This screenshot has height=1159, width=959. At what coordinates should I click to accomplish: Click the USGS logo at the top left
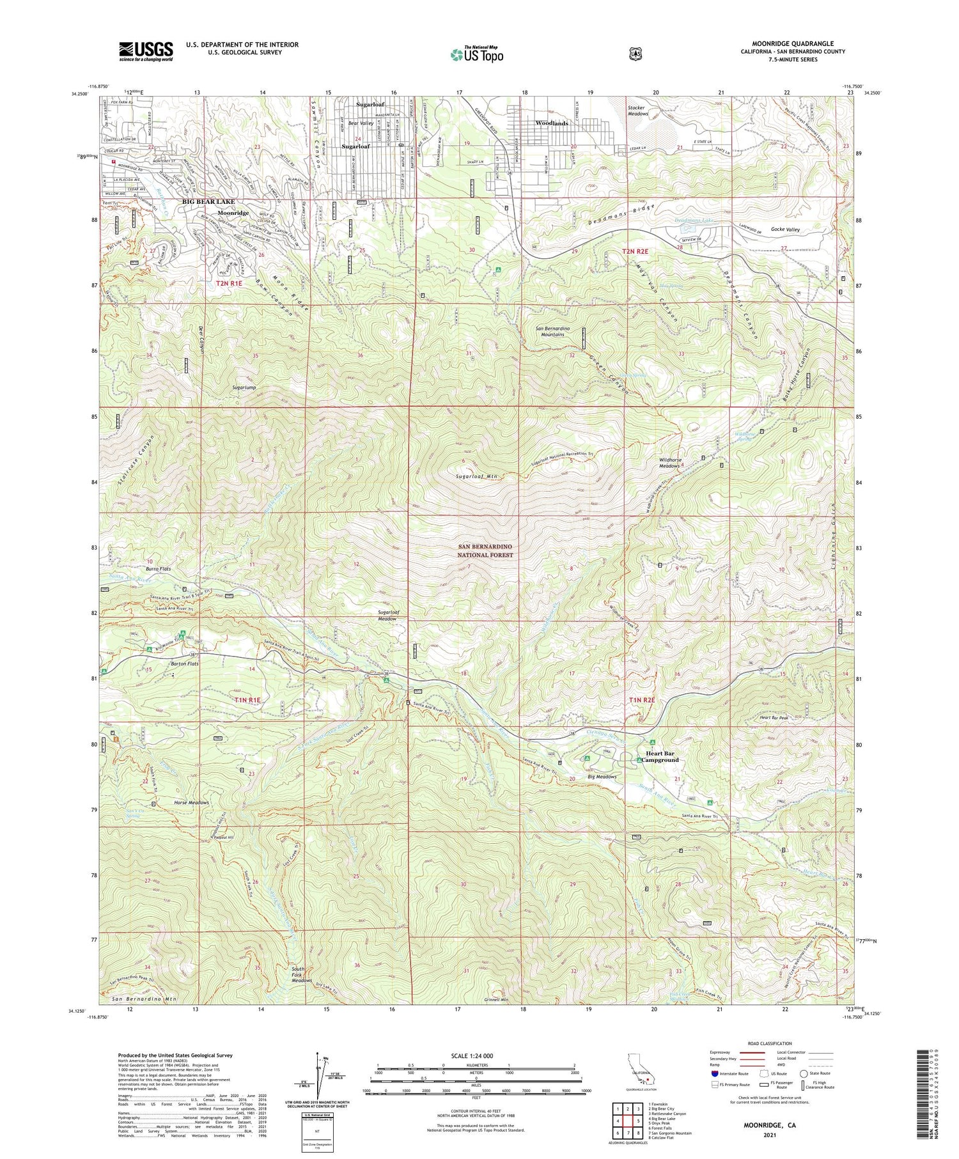pos(146,51)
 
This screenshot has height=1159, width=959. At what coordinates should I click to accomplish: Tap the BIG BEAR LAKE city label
pos(208,202)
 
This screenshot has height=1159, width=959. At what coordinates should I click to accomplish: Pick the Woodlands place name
pos(551,123)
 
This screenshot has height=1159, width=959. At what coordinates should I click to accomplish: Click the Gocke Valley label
pos(785,229)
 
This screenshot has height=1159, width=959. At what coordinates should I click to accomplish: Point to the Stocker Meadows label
pos(637,111)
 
